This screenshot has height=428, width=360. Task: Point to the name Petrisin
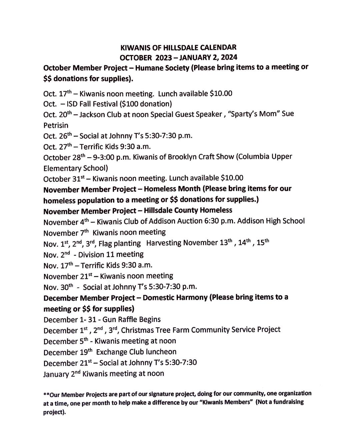56,125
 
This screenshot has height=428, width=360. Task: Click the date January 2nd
62,374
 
